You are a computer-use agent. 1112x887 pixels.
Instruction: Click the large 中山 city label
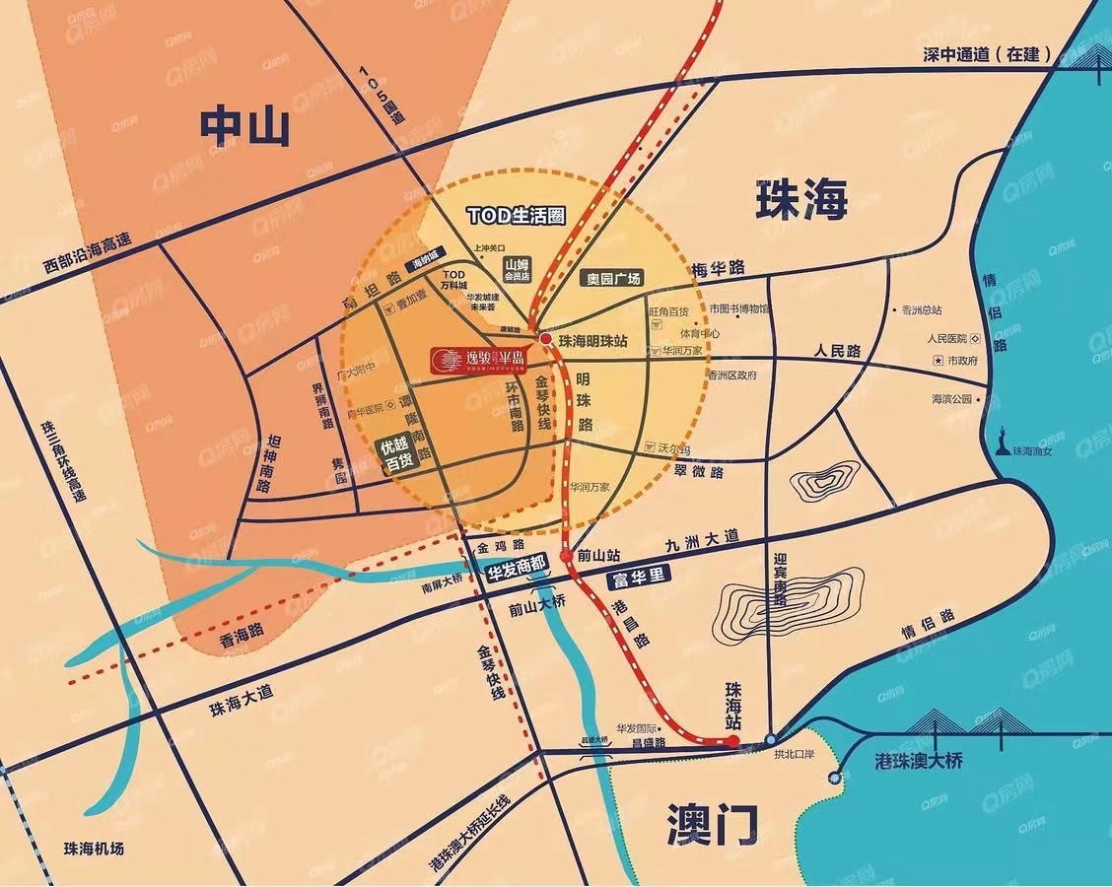pyautogui.click(x=244, y=126)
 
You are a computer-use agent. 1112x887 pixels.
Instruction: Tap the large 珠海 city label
pyautogui.click(x=801, y=200)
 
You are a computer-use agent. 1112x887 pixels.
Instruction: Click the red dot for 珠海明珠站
pyautogui.click(x=545, y=338)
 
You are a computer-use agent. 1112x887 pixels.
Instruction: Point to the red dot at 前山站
pyautogui.click(x=566, y=557)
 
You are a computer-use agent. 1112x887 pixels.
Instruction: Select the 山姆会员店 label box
pyautogui.click(x=518, y=270)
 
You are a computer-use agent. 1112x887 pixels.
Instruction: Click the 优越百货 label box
pyautogui.click(x=397, y=453)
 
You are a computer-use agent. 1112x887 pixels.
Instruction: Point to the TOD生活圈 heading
pyautogui.click(x=514, y=216)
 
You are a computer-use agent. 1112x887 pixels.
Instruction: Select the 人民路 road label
pyautogui.click(x=837, y=351)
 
